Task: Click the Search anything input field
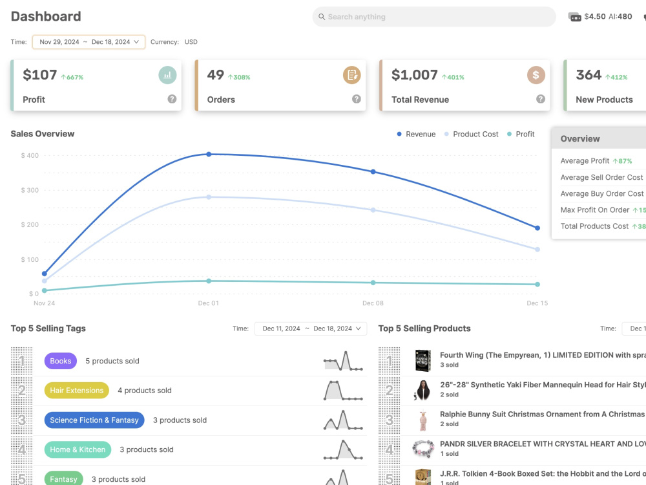click(434, 17)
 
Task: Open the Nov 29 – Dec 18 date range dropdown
click(89, 42)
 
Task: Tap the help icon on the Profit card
click(172, 99)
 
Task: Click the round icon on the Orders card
click(351, 75)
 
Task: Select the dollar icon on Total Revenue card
click(536, 75)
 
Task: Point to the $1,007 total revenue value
click(414, 75)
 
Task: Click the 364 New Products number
click(589, 75)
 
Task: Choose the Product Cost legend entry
click(472, 134)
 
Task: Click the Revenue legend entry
click(416, 134)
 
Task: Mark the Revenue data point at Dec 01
click(209, 155)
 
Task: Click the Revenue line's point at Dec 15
click(537, 228)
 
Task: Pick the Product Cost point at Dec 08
click(373, 210)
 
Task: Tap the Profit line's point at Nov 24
click(45, 290)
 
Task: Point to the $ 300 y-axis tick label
click(30, 190)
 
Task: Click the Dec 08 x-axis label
click(373, 303)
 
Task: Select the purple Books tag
click(61, 361)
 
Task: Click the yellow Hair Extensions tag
click(77, 390)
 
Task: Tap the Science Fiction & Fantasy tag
click(94, 420)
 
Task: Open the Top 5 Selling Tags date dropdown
click(311, 329)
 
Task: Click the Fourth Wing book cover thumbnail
click(422, 360)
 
